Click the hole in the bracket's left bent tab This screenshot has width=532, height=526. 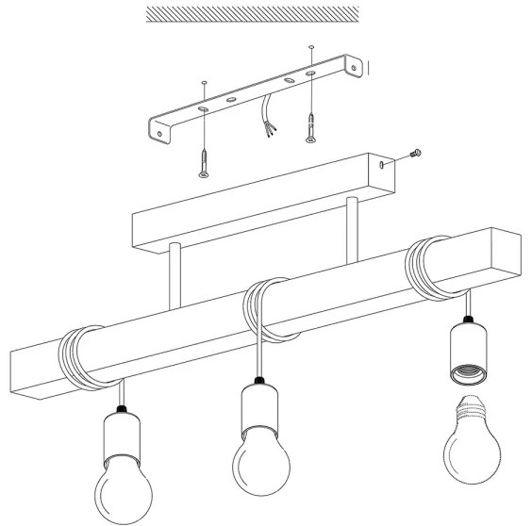170,134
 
